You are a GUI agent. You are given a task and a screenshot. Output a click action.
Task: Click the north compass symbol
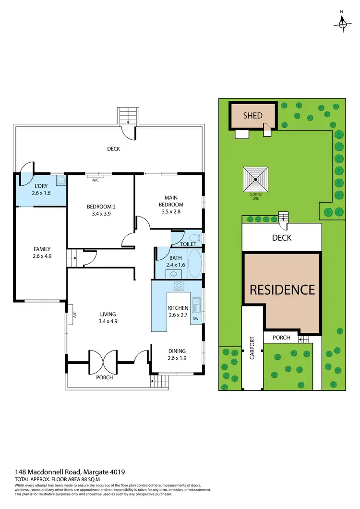click(343, 22)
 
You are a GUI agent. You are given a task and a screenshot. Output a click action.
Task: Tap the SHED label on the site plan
click(253, 115)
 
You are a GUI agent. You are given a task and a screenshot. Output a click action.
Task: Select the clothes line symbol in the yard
click(256, 179)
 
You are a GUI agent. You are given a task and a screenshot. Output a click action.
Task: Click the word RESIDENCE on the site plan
click(282, 290)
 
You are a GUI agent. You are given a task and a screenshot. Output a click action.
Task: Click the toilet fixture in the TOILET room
click(193, 238)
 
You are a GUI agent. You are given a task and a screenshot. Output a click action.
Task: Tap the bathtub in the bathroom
click(194, 263)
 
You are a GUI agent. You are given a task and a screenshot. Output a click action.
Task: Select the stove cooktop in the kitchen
click(179, 286)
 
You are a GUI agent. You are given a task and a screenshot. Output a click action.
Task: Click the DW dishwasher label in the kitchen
click(195, 319)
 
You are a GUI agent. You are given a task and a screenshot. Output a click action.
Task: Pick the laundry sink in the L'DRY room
click(60, 181)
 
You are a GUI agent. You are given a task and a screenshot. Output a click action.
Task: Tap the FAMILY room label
click(42, 249)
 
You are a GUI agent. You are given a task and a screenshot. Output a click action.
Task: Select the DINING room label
click(176, 351)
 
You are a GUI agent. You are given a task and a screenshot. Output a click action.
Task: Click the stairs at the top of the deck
click(128, 116)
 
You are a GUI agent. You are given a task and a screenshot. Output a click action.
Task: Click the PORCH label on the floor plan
click(104, 377)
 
